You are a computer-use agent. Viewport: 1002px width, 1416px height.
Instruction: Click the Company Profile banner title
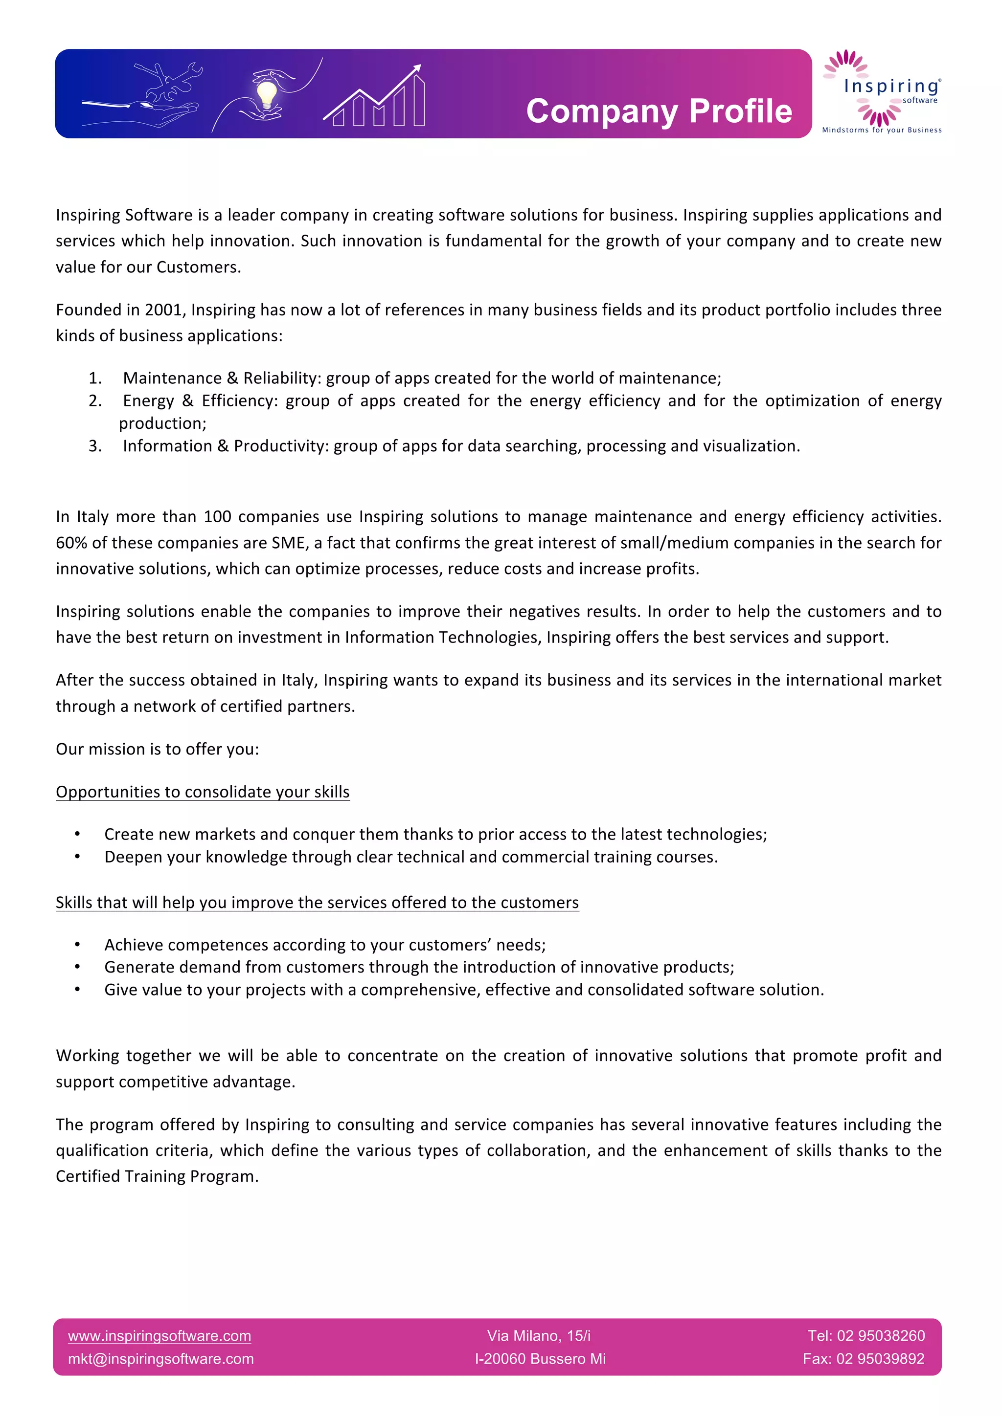tap(659, 111)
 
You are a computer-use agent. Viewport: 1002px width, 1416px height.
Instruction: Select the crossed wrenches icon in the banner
tap(168, 81)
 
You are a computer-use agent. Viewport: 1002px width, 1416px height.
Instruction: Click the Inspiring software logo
tap(882, 90)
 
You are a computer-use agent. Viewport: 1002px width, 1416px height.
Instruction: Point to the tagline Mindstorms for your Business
tap(882, 130)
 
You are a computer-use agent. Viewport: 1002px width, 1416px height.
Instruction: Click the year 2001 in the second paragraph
tap(163, 310)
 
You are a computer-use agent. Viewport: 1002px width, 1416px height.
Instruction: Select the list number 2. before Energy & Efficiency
tap(95, 401)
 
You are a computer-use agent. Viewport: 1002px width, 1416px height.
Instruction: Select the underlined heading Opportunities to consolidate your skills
tap(203, 792)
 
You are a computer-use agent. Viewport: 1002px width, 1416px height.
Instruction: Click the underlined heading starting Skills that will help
tap(317, 902)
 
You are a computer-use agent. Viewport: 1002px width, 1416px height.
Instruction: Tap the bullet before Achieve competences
tap(78, 945)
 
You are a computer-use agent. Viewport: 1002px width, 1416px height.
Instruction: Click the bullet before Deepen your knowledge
tap(78, 857)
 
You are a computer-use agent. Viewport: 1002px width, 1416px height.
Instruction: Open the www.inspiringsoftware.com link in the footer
tap(159, 1336)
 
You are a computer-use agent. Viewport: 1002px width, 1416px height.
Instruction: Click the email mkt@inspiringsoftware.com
tap(160, 1359)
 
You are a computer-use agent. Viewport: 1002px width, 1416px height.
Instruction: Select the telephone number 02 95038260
tap(881, 1336)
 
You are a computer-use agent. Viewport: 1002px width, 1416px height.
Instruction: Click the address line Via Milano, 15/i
tap(539, 1336)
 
